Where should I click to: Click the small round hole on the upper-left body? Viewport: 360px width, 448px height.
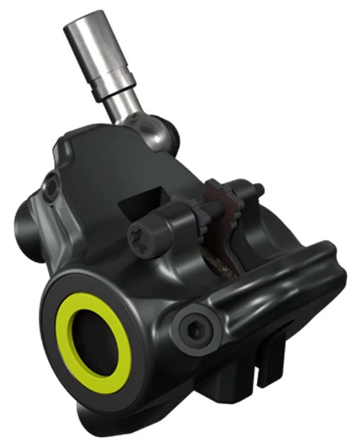click(x=52, y=181)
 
